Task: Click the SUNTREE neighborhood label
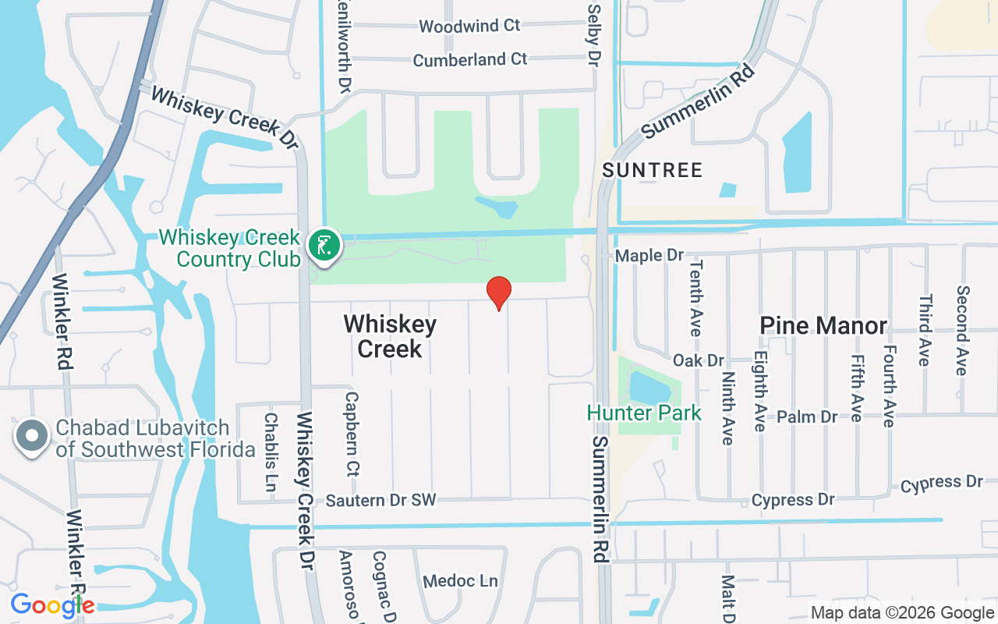(653, 169)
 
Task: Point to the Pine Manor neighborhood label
(823, 325)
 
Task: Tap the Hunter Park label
(644, 413)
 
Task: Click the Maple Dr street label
(649, 256)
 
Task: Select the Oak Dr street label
(699, 360)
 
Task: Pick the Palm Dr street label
(807, 417)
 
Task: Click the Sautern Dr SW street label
(381, 499)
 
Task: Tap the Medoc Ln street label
(460, 581)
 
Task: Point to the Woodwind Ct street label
(469, 26)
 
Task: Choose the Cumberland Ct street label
(470, 59)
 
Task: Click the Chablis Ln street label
(271, 452)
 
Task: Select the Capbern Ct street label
(352, 434)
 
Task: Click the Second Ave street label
(963, 330)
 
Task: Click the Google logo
(52, 605)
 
